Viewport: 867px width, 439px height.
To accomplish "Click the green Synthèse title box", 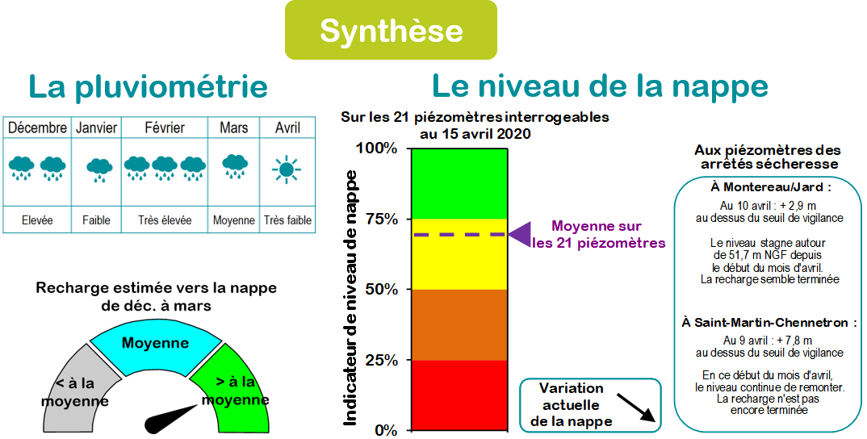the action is click(391, 30).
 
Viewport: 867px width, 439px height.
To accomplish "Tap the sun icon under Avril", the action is click(287, 169).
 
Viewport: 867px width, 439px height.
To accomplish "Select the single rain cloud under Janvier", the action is click(99, 169).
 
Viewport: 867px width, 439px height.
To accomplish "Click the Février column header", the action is click(165, 128).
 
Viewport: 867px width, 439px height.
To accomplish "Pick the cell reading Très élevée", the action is click(165, 220).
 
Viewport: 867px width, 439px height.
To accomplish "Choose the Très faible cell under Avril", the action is click(287, 220).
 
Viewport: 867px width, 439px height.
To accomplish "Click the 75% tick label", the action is click(382, 219).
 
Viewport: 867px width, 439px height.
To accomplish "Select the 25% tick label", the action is click(382, 361).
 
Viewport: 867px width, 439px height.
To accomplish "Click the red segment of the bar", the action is click(459, 395).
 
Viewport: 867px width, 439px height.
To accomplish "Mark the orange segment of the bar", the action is click(459, 325).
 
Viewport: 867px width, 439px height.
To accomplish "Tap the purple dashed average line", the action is click(459, 234).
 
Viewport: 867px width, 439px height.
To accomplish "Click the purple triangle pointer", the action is click(521, 233).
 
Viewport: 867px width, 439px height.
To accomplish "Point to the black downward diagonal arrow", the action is click(635, 408).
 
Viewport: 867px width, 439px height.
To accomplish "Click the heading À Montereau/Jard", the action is click(769, 187).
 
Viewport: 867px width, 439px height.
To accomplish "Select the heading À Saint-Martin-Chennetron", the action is click(769, 322).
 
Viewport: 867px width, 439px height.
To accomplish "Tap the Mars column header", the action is click(233, 128).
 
